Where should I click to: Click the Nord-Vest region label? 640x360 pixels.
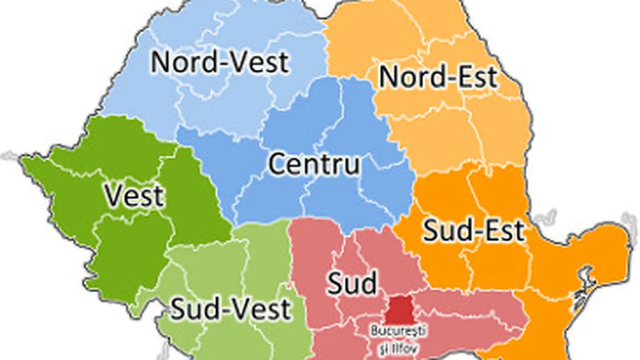coord(220,62)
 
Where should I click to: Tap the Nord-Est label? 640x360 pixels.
coord(437,78)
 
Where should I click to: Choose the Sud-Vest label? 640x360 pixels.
coord(230,308)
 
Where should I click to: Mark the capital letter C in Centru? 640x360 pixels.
coord(278,164)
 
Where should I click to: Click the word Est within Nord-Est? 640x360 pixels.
coord(475,78)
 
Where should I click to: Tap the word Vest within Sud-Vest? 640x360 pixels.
coord(265,308)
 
